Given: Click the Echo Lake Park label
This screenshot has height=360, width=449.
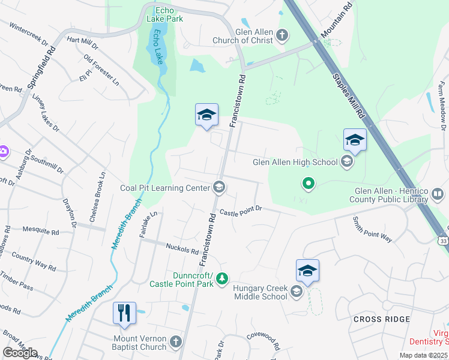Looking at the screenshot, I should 164,14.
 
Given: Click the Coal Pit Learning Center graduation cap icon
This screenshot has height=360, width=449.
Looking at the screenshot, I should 220,188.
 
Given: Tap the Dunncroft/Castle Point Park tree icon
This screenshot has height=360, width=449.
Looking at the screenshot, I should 222,278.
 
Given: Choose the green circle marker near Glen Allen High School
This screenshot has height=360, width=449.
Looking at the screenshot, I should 309,183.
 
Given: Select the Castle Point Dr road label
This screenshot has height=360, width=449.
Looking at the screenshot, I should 241,211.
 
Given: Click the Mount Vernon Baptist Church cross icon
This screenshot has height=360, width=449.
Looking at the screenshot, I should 175,341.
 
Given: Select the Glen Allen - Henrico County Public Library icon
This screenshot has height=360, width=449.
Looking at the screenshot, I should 438,195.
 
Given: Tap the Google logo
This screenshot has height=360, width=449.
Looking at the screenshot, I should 20,352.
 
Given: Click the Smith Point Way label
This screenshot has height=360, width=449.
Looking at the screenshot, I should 372,230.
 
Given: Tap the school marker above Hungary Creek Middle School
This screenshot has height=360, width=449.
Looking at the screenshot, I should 307,271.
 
